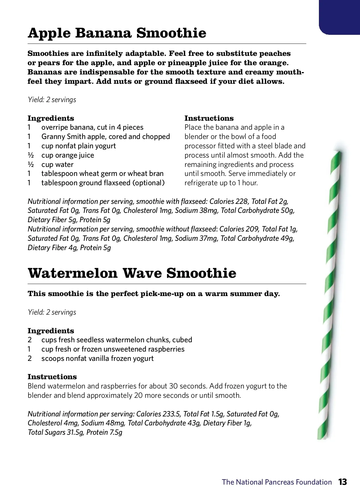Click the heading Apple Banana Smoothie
click(x=117, y=33)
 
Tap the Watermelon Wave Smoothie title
click(x=132, y=273)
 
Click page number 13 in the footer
click(x=343, y=482)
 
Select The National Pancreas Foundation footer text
click(x=277, y=482)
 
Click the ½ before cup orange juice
click(x=29, y=155)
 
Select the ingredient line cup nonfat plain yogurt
click(x=79, y=146)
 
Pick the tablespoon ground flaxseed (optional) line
click(x=103, y=183)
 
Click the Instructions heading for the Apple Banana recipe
click(x=209, y=118)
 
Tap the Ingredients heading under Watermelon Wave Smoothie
click(x=51, y=331)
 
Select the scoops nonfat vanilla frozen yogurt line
click(x=97, y=358)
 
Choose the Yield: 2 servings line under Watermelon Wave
click(x=52, y=312)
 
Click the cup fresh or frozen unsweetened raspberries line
click(x=113, y=349)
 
